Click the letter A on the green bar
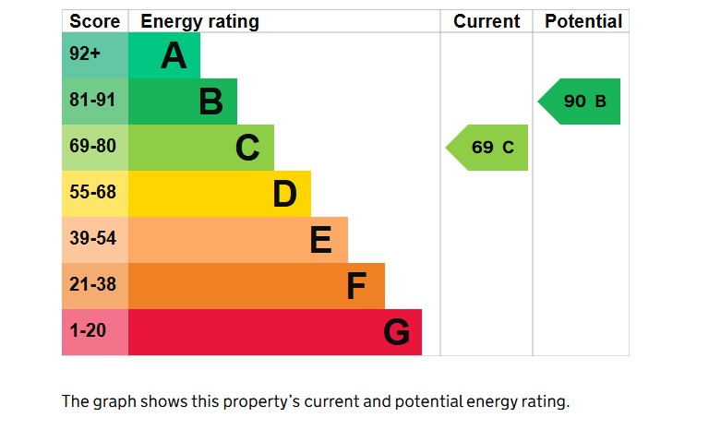pyautogui.click(x=174, y=56)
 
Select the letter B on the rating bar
pyautogui.click(x=210, y=102)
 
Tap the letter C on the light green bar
pyautogui.click(x=247, y=148)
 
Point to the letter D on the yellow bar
pyautogui.click(x=284, y=194)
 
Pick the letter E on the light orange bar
pyautogui.click(x=320, y=240)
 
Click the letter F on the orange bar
pyautogui.click(x=356, y=286)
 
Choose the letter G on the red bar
pyautogui.click(x=396, y=332)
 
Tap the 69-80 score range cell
pyautogui.click(x=94, y=148)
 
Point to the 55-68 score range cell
pyautogui.click(x=94, y=194)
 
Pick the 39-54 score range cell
pyautogui.click(x=94, y=240)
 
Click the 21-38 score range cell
pyautogui.click(x=94, y=286)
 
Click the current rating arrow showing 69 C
pyautogui.click(x=490, y=148)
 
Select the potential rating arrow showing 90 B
pyautogui.click(x=583, y=102)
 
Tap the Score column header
pyautogui.click(x=94, y=21)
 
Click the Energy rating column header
pyautogui.click(x=199, y=21)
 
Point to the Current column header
pyautogui.click(x=487, y=21)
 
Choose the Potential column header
pyautogui.click(x=583, y=21)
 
